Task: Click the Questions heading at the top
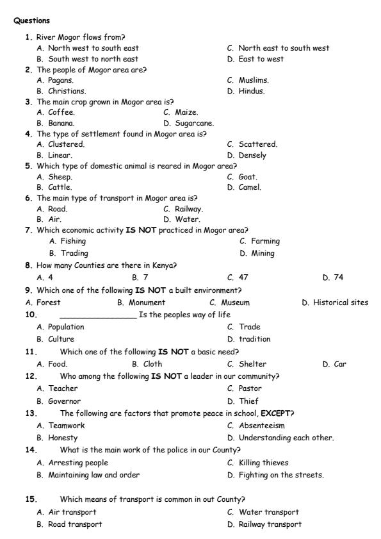pos(31,21)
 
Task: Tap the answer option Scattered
pos(257,144)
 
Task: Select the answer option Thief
pos(250,401)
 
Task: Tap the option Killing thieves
pos(263,462)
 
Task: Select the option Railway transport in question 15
pos(269,524)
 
